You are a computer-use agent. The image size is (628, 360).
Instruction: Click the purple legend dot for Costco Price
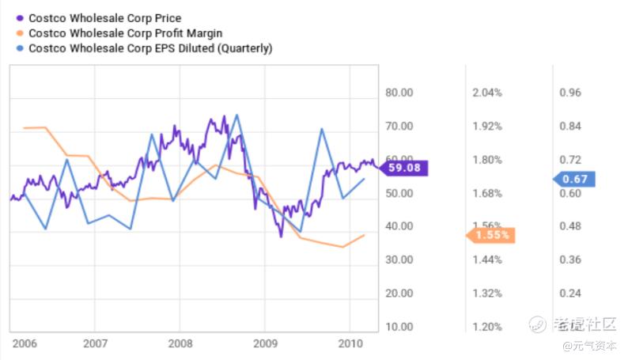tap(19, 18)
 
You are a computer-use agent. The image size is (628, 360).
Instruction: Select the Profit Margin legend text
tap(125, 33)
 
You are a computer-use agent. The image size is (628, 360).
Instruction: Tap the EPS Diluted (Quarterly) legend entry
tap(150, 48)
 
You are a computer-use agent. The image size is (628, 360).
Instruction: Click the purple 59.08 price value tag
tap(404, 168)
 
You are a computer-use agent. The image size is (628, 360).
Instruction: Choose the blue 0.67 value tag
tap(575, 179)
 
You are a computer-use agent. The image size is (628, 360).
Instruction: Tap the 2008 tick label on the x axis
tap(180, 344)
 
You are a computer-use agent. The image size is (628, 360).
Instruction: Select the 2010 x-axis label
tap(349, 344)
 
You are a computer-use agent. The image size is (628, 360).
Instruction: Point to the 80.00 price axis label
tap(399, 93)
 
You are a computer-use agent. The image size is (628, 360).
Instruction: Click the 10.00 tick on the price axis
tap(399, 326)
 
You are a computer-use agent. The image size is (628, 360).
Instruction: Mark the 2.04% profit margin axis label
tap(487, 93)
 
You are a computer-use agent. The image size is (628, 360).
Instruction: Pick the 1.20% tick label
tap(487, 326)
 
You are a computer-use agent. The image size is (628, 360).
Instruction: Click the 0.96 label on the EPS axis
tap(570, 93)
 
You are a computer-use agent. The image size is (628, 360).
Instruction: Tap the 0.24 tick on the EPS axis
tap(570, 293)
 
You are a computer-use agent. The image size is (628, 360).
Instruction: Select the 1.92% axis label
tap(487, 127)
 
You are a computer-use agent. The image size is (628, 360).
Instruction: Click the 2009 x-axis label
tap(264, 344)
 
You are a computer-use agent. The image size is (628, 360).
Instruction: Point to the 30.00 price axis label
tap(399, 260)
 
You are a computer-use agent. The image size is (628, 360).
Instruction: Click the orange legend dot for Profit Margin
tap(19, 33)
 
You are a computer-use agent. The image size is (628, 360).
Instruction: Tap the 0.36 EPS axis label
tap(570, 260)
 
